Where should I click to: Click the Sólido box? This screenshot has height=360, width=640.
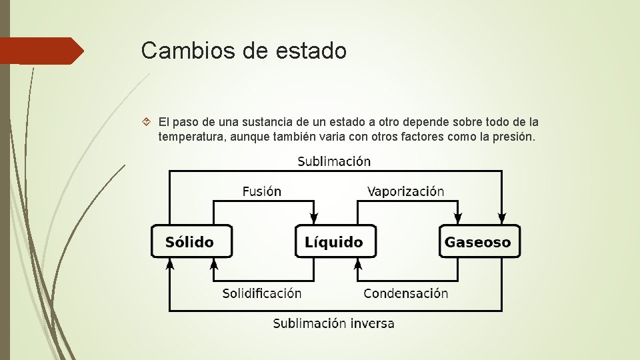(x=191, y=241)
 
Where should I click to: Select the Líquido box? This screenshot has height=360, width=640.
(x=335, y=241)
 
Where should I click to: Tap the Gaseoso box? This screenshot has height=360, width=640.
(x=478, y=241)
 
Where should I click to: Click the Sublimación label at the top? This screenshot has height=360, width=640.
(x=334, y=161)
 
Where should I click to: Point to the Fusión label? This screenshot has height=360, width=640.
(x=261, y=191)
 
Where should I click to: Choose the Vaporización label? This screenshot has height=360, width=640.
(x=405, y=191)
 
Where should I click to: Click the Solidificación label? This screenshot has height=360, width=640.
(x=261, y=293)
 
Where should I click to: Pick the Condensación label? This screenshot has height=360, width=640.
(x=405, y=293)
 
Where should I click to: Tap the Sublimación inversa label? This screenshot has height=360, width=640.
(x=333, y=324)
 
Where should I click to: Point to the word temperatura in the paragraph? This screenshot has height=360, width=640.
(x=188, y=137)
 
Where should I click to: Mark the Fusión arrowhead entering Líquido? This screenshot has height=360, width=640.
(x=315, y=219)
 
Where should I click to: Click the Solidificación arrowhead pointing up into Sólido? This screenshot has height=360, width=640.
(x=214, y=265)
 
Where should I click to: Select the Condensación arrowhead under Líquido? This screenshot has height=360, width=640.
(x=358, y=265)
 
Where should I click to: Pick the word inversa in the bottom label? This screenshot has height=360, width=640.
(x=371, y=324)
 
